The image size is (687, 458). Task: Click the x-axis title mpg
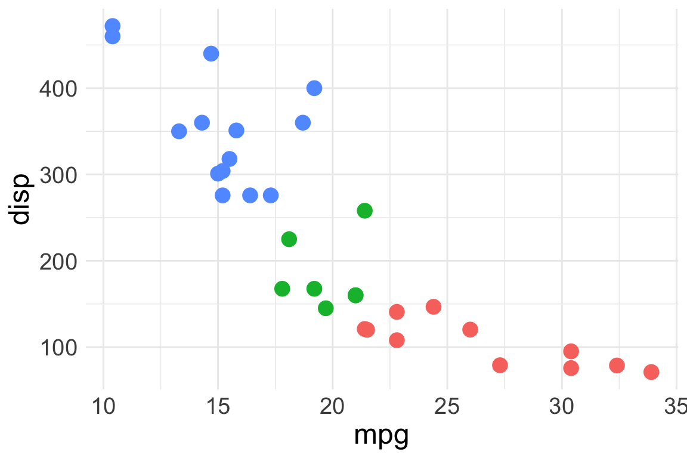(x=381, y=436)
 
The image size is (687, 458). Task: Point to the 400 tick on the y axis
(x=59, y=89)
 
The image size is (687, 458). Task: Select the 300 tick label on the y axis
(x=59, y=175)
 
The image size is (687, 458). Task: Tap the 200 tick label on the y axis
(x=59, y=262)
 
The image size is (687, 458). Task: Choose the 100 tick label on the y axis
(x=59, y=348)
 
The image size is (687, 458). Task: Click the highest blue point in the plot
(x=113, y=26)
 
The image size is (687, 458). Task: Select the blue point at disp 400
(x=314, y=88)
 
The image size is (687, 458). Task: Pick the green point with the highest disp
(x=364, y=211)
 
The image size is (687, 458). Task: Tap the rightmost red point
(x=651, y=372)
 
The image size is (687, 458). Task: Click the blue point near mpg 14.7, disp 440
(x=211, y=54)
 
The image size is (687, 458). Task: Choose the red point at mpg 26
(x=470, y=329)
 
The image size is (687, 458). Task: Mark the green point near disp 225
(x=289, y=239)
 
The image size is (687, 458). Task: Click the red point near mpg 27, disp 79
(x=500, y=365)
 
